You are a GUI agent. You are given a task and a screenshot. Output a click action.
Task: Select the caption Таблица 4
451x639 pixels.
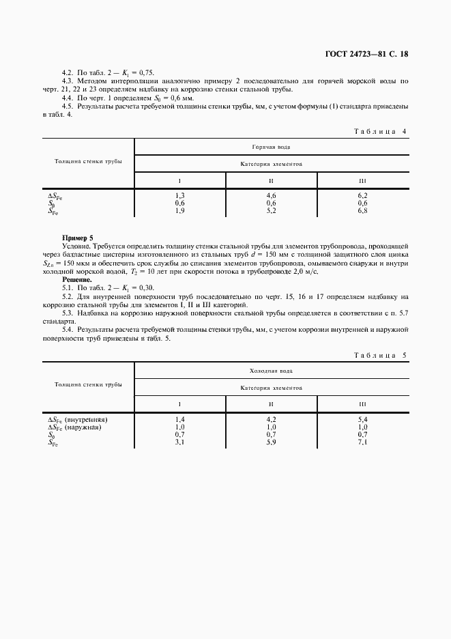coord(381,130)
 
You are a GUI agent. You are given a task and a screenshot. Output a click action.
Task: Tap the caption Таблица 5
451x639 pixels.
coord(381,355)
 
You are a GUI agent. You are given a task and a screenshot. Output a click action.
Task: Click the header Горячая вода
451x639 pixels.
coord(272,146)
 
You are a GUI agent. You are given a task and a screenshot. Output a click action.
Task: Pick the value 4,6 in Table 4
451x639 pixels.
coord(271,196)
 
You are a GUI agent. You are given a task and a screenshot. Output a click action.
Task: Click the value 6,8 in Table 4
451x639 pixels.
coord(362,211)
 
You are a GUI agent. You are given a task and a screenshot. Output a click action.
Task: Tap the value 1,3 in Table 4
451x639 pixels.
coord(180,196)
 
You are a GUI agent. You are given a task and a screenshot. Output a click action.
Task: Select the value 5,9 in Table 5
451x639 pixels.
coord(271,442)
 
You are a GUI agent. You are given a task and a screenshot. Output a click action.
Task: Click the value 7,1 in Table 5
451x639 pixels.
coord(362,442)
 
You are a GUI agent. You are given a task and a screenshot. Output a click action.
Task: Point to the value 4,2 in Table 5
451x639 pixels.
coord(271,419)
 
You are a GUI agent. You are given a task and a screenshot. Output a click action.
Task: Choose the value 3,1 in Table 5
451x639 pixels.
coord(180,442)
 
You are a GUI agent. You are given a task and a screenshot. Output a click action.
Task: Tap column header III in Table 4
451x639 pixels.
coord(362,181)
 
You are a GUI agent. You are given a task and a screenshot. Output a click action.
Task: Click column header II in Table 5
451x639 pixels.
coord(271,404)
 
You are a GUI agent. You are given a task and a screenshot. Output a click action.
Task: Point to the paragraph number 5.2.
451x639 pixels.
coord(68,296)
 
